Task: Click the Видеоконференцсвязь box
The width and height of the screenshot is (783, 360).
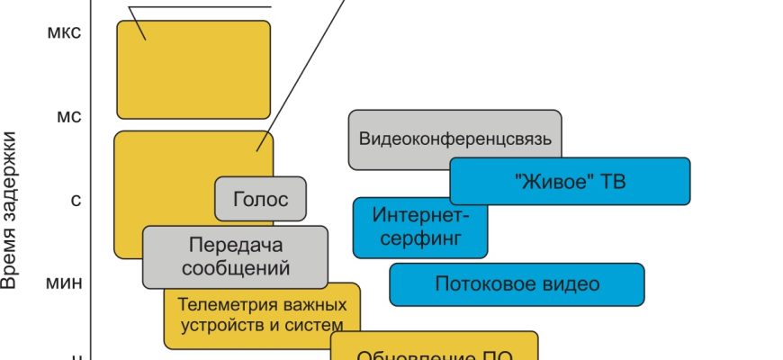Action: [454, 139]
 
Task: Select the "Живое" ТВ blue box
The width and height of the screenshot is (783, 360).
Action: [569, 181]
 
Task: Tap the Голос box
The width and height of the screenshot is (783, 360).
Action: [260, 199]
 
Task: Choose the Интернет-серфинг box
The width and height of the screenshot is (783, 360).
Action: [419, 227]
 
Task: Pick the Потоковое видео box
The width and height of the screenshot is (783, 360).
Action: [517, 284]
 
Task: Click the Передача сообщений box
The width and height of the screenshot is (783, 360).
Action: [235, 256]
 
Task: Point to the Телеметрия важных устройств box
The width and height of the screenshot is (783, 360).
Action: [261, 314]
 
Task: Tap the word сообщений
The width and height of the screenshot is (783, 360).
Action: [235, 267]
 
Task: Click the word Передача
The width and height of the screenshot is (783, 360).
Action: [236, 245]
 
